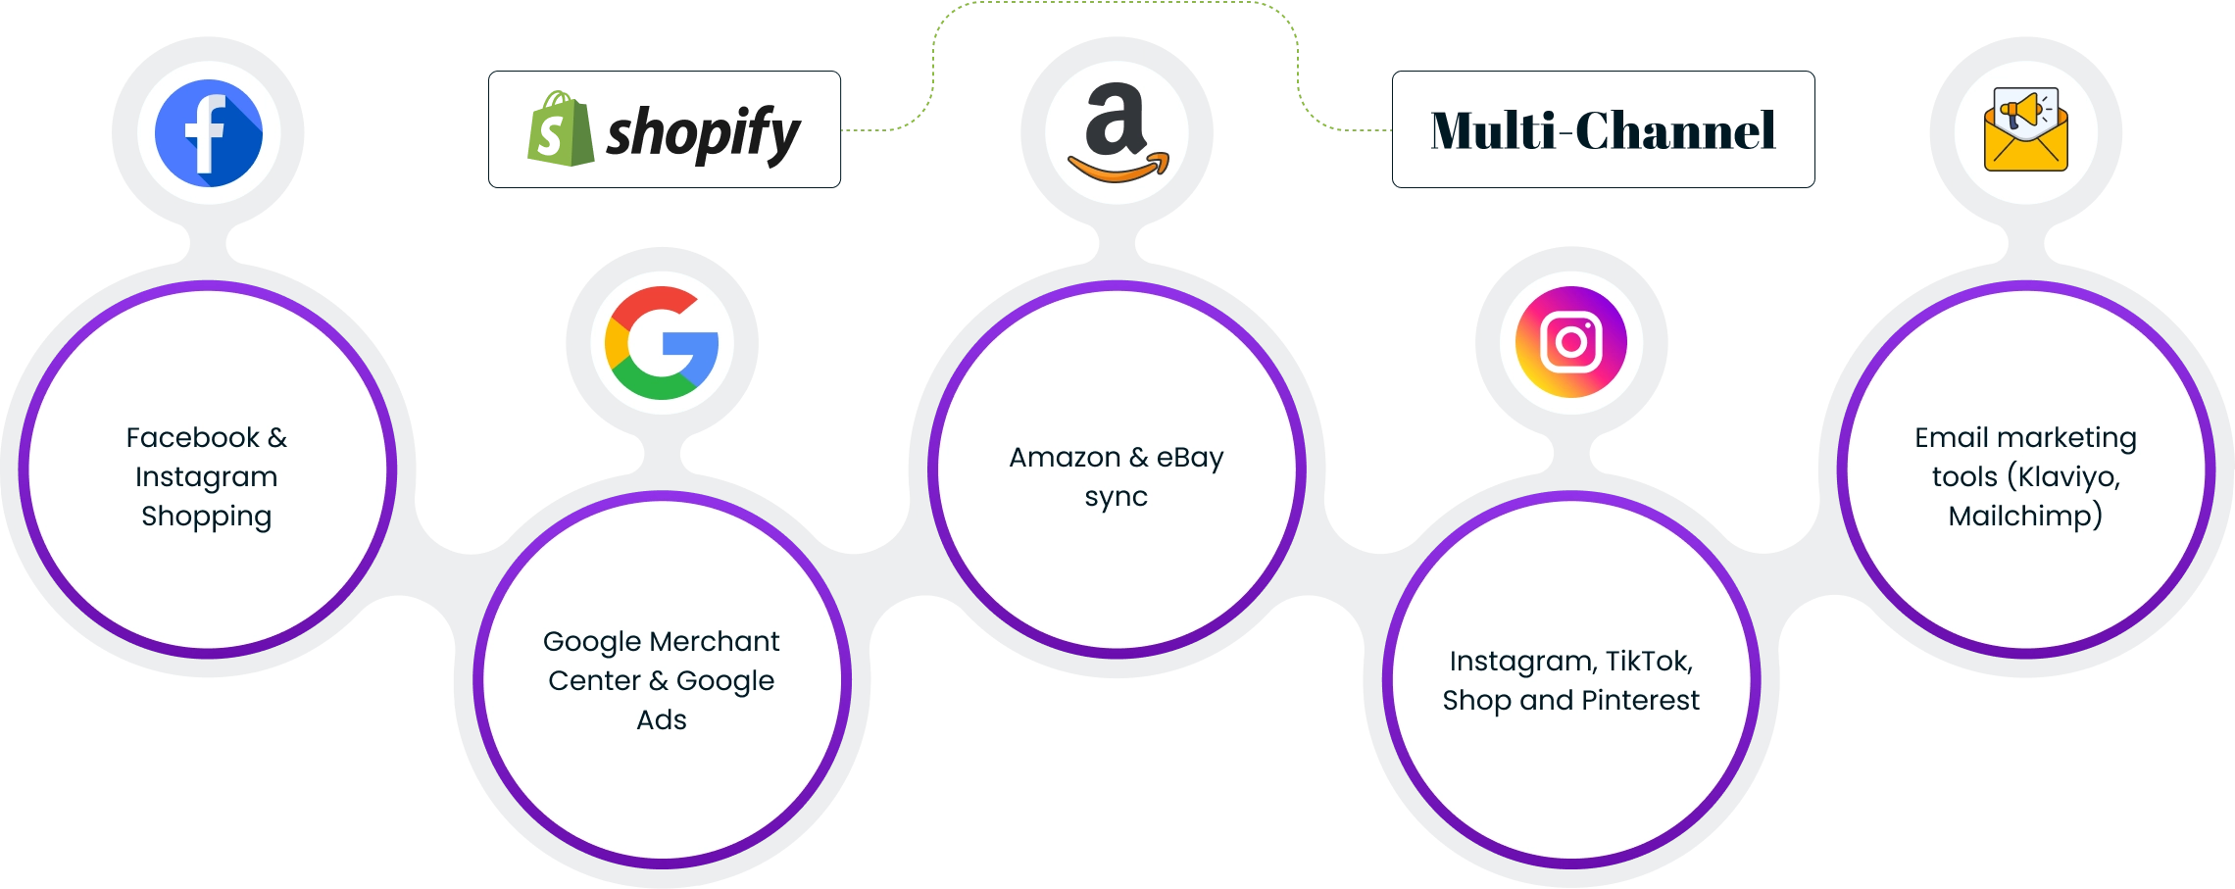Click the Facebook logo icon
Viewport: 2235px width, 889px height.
point(209,133)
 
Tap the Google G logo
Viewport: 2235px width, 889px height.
point(662,343)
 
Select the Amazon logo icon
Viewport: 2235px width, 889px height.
point(1117,132)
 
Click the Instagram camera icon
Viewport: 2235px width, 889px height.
point(1571,342)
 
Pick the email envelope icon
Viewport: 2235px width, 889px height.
point(2025,132)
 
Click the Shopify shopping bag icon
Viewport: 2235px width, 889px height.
point(560,129)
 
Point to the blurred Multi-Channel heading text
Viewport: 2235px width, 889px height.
point(1603,129)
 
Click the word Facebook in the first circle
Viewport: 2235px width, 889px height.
point(192,437)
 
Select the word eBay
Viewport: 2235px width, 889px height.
point(1190,458)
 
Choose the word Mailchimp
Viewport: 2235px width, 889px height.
point(2024,516)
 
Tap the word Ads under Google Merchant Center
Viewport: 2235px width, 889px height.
point(662,719)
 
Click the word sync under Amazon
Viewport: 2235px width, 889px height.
point(1116,497)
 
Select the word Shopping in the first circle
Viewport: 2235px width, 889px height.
point(206,517)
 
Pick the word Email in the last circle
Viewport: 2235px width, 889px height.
point(1950,437)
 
